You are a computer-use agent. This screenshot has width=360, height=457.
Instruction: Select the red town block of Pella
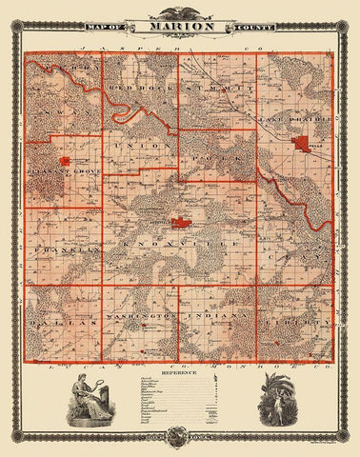click(304, 144)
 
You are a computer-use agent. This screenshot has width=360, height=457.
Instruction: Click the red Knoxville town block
click(183, 224)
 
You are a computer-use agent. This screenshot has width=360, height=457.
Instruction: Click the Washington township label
click(142, 314)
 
